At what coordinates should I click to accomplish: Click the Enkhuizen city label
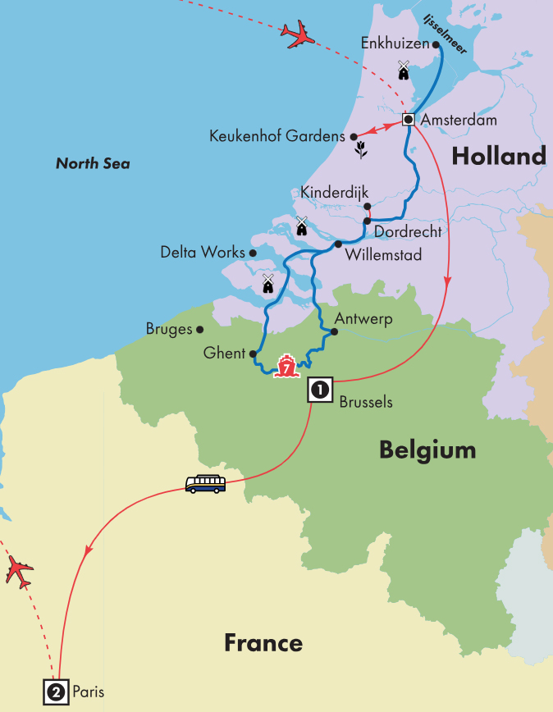395,45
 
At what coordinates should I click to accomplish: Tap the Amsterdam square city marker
408,120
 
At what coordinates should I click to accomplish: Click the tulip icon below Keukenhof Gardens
359,149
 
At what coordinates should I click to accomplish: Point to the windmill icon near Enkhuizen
403,71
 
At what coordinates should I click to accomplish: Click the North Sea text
93,164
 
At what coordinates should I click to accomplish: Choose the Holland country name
498,156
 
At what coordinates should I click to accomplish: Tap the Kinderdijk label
330,193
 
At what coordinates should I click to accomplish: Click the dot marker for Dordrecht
367,220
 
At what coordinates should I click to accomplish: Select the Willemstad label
384,255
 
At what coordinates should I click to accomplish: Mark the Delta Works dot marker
253,253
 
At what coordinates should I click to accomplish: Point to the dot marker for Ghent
253,354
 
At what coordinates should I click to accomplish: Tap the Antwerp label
363,318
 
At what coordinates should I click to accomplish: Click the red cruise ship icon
286,367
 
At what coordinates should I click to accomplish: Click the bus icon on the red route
205,484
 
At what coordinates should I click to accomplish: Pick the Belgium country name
427,450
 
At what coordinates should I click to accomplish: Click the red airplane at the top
298,34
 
